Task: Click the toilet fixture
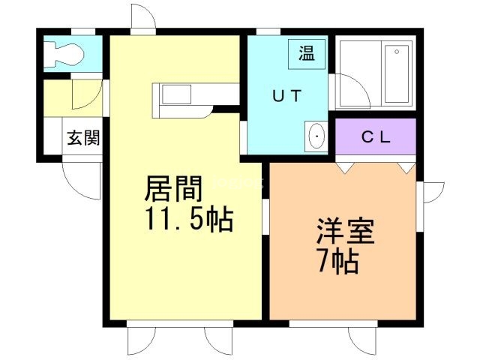click(63, 55)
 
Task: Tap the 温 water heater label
click(307, 53)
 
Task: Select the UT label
click(287, 96)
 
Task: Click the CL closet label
click(376, 136)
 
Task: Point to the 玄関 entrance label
click(83, 137)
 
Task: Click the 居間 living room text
click(173, 188)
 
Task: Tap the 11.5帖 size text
click(189, 219)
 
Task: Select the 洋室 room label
click(345, 231)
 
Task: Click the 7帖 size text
click(338, 261)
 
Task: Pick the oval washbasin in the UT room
click(316, 136)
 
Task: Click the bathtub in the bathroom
click(397, 73)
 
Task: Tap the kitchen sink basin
click(176, 94)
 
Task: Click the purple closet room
click(376, 136)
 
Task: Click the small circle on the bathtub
click(397, 52)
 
